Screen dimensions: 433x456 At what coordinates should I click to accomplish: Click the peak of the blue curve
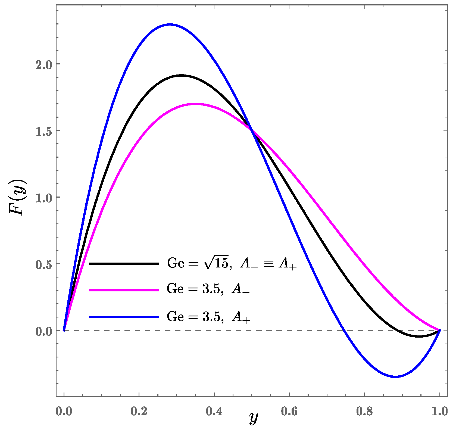point(170,24)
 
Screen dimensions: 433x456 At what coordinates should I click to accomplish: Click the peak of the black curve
point(181,75)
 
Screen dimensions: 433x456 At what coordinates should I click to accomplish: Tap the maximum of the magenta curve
point(195,104)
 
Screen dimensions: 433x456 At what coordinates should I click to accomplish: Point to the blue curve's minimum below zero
point(395,377)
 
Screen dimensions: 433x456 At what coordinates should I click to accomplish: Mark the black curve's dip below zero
point(419,337)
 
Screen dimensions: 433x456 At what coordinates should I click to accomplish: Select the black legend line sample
point(124,263)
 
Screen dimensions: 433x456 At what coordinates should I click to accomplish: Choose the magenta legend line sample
point(124,290)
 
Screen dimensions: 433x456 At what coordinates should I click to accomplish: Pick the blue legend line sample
point(124,317)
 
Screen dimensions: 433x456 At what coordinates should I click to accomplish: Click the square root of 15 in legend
point(217,263)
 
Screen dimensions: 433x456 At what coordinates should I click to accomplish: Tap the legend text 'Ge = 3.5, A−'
point(208,289)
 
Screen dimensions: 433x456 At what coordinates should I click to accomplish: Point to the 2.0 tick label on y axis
point(44,64)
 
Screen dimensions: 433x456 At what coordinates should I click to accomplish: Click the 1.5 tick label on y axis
point(44,131)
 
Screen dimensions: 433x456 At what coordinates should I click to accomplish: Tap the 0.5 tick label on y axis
point(44,264)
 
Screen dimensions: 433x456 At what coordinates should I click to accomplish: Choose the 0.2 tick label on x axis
point(139,411)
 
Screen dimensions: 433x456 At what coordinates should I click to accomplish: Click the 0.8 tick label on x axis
point(364,411)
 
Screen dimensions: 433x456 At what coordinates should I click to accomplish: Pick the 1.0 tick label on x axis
point(439,411)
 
